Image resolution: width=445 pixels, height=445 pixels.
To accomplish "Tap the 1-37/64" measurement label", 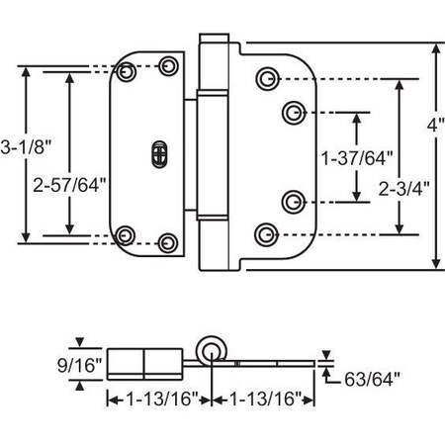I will (354, 157).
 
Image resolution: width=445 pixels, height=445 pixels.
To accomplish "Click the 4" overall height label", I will (437, 126).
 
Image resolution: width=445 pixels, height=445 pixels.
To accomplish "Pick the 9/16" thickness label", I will (78, 363).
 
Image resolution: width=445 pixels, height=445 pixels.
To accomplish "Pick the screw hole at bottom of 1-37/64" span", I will (294, 202).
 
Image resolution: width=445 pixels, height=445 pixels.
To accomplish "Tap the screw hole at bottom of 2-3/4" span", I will (265, 233).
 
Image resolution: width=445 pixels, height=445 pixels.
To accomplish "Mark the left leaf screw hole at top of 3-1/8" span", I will (126, 73).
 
